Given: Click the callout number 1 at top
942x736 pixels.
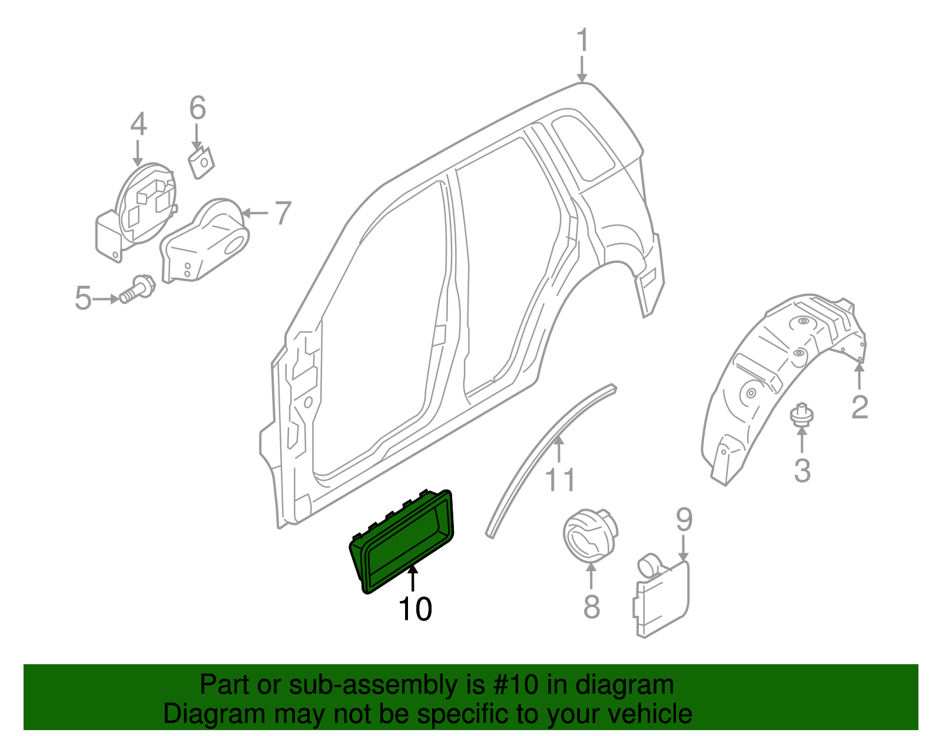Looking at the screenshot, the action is pos(582,41).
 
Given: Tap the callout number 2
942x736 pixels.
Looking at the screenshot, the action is pos(860,407).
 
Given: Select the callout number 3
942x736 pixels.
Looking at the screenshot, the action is pos(802,470).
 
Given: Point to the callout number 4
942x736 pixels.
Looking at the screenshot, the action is pos(138,125).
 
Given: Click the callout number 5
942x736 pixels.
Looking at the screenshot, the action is pos(83,298).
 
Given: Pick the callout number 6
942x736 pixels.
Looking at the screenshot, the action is pos(198,108).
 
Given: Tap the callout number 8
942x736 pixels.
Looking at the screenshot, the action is pos(592,606).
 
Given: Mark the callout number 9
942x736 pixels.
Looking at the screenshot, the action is pos(684,520).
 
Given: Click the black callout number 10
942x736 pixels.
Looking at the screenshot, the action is pos(415,609).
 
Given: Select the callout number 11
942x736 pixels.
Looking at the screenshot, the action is pos(560,480).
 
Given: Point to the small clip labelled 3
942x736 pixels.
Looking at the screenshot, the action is pos(801,415).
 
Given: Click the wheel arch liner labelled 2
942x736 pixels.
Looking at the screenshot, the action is pos(771,377).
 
